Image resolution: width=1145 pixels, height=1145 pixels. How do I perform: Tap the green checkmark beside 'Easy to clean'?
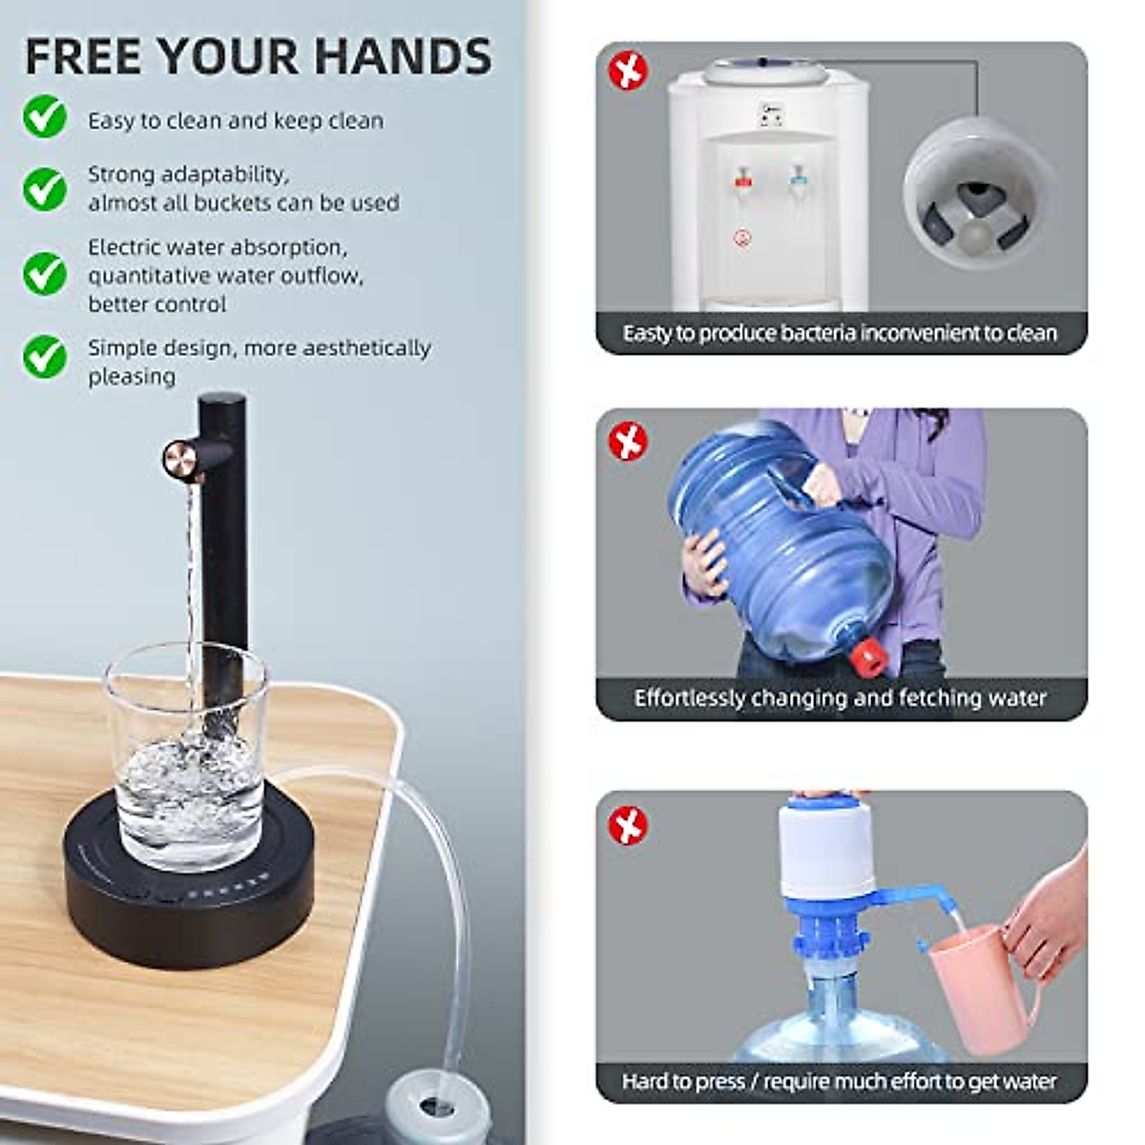(x=45, y=118)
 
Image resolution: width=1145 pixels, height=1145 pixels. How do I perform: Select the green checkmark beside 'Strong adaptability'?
(x=45, y=188)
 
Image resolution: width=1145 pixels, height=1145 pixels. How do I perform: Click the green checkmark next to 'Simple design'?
(x=45, y=356)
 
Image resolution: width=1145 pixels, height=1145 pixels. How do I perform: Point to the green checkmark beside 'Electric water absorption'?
(x=45, y=274)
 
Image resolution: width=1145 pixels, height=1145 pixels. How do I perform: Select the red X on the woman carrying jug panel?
(x=628, y=442)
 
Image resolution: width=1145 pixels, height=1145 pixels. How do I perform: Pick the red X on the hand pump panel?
(x=628, y=825)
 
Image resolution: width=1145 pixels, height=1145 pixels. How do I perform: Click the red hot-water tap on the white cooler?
(x=743, y=179)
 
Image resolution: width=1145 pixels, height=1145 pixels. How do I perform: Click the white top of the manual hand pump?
(x=826, y=849)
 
